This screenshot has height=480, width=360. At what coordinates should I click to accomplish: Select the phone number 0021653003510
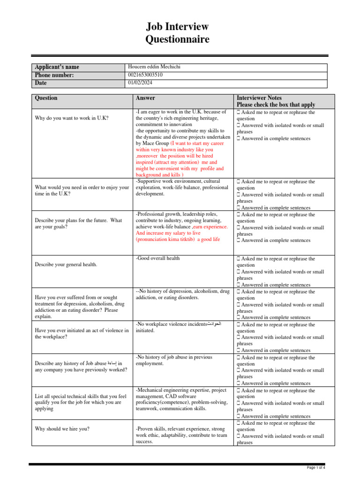click(145, 75)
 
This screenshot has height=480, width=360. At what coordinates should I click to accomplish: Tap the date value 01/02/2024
click(140, 82)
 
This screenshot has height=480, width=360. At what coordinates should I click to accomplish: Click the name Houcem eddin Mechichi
click(154, 67)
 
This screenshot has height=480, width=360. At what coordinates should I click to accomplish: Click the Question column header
click(46, 98)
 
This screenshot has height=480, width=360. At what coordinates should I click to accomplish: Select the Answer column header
click(145, 98)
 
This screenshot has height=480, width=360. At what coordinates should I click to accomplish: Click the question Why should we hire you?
click(62, 429)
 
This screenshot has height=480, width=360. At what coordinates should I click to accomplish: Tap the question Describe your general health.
click(66, 265)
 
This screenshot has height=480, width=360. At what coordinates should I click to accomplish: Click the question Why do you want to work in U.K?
click(72, 118)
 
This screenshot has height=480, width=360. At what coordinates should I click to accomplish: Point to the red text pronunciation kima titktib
click(165, 239)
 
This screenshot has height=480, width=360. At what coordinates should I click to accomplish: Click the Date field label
click(41, 83)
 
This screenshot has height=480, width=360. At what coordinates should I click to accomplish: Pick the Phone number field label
click(54, 75)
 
